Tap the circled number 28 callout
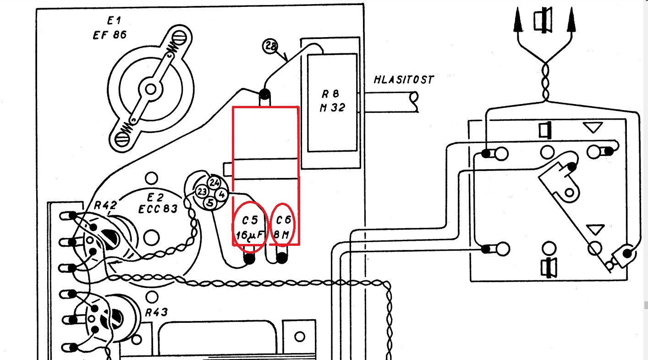pyautogui.click(x=270, y=46)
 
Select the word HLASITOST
pyautogui.click(x=403, y=80)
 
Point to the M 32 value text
pyautogui.click(x=333, y=109)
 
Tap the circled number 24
pyautogui.click(x=214, y=182)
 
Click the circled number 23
pyautogui.click(x=201, y=192)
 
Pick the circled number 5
pyautogui.click(x=210, y=202)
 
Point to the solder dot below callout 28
pyautogui.click(x=264, y=94)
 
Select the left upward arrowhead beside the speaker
pyautogui.click(x=518, y=21)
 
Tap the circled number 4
pyautogui.click(x=221, y=194)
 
